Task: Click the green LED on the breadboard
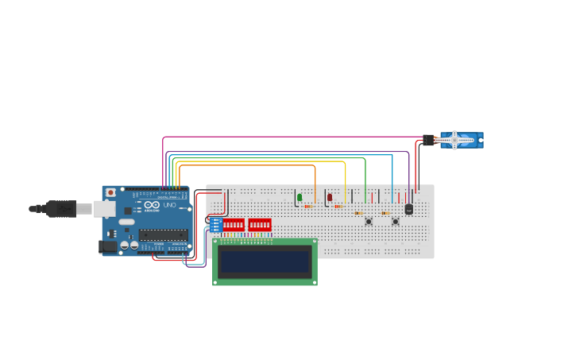tap(300, 197)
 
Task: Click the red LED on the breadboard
tap(330, 197)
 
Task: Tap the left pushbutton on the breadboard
tap(369, 221)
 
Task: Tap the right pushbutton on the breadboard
tap(396, 221)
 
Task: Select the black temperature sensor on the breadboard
tap(409, 209)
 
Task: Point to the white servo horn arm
tap(454, 140)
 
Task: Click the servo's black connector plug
tap(429, 140)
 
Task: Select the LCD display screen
tap(265, 261)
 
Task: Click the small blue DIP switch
tap(216, 225)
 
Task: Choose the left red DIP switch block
tap(234, 225)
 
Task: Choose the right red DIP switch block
tap(260, 225)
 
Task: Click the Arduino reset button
tap(110, 192)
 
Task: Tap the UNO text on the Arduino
tap(169, 205)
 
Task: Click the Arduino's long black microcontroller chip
tap(164, 234)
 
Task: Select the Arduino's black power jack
tap(107, 247)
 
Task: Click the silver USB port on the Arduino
tap(104, 209)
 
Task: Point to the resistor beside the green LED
tap(308, 207)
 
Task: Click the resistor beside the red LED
tap(338, 207)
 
